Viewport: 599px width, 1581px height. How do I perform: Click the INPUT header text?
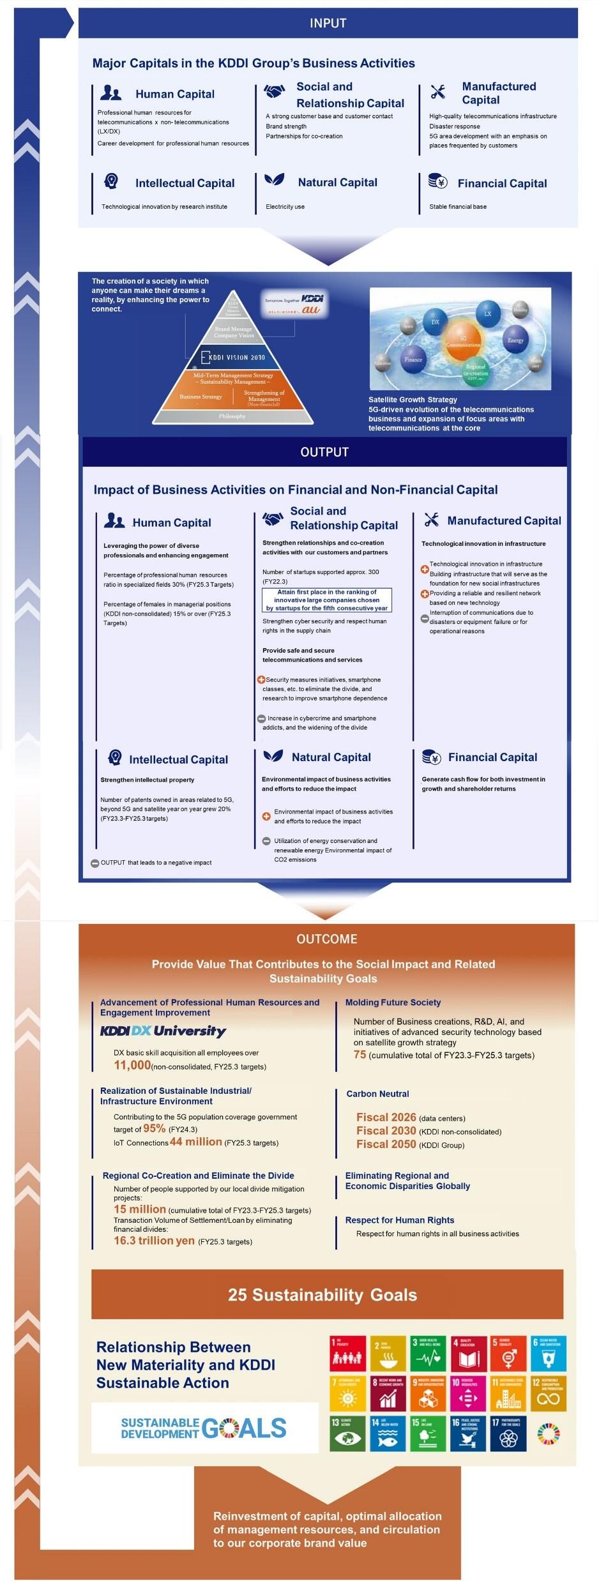(328, 23)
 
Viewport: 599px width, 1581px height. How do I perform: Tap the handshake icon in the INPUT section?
(275, 92)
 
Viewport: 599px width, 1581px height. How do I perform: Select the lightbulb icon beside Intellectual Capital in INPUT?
(111, 181)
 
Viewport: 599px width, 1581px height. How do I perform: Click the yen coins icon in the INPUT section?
(438, 182)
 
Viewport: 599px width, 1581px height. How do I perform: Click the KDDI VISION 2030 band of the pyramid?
(233, 357)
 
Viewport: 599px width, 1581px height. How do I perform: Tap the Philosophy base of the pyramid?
(232, 416)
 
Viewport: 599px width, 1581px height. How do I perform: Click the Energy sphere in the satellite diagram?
(515, 339)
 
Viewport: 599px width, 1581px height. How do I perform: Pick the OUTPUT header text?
(324, 452)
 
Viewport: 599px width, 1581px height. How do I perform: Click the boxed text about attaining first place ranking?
(327, 600)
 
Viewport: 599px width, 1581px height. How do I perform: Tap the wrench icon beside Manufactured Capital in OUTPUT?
(432, 520)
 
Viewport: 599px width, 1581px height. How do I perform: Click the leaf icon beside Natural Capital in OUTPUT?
(273, 756)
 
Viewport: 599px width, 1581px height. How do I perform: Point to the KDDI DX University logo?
(163, 1031)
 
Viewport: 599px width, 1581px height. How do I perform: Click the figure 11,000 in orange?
(132, 1065)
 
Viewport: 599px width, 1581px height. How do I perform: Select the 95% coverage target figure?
(154, 1128)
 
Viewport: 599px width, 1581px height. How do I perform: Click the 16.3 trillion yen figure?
(154, 1241)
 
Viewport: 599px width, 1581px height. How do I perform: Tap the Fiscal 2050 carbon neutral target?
(386, 1144)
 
